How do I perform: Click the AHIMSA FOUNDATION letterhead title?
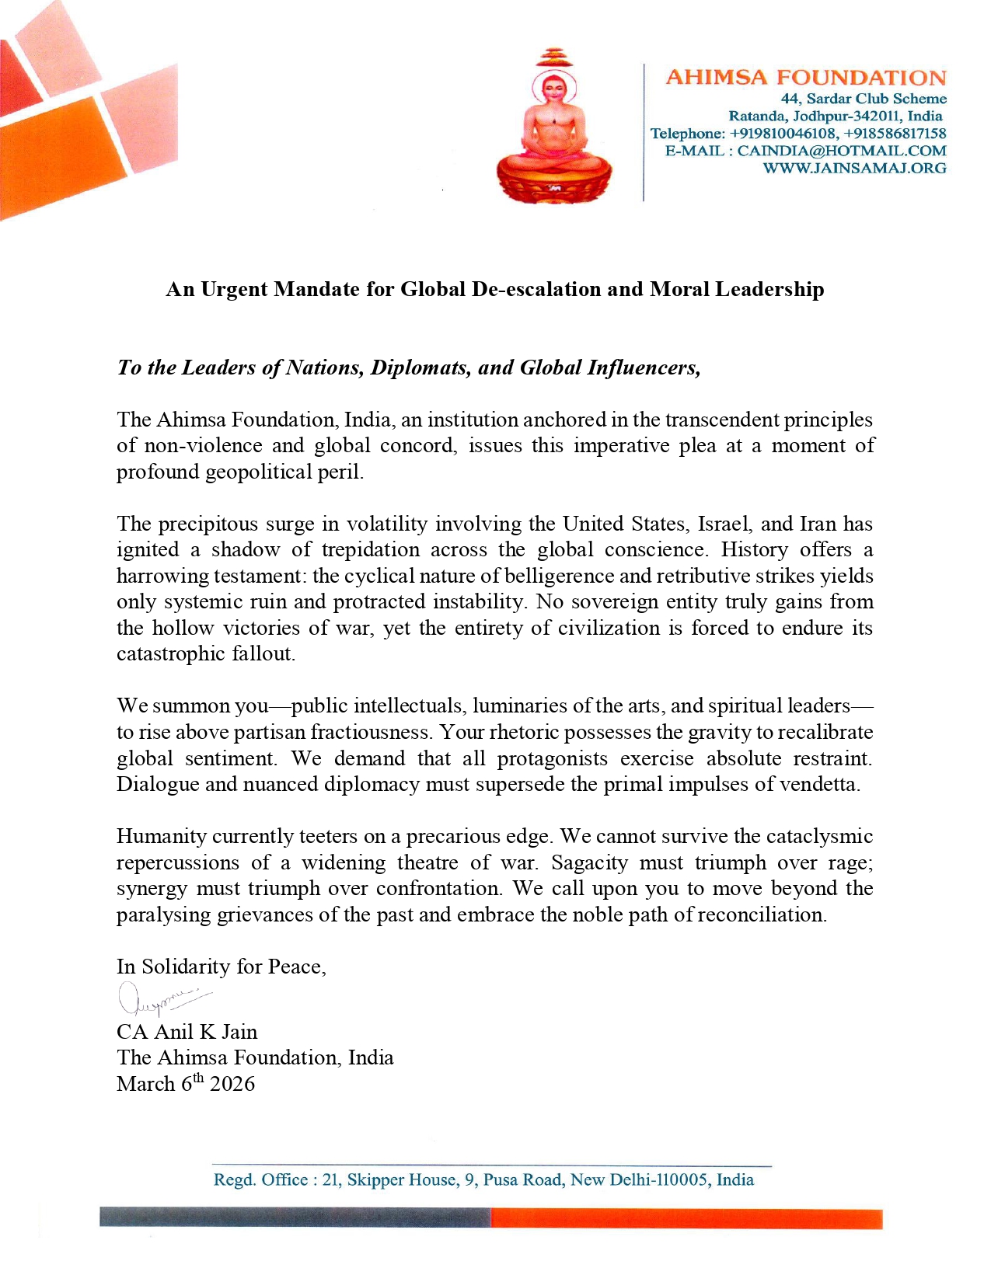[x=806, y=78]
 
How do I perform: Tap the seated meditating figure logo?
[x=553, y=128]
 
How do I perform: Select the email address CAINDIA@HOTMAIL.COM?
[x=841, y=151]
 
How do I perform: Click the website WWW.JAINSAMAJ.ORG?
[x=854, y=168]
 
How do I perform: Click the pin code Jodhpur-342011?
[x=836, y=116]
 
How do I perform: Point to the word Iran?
[x=818, y=524]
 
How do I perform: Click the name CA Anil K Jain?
[x=187, y=1032]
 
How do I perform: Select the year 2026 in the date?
[x=232, y=1084]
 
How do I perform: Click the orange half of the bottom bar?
[x=686, y=1218]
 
